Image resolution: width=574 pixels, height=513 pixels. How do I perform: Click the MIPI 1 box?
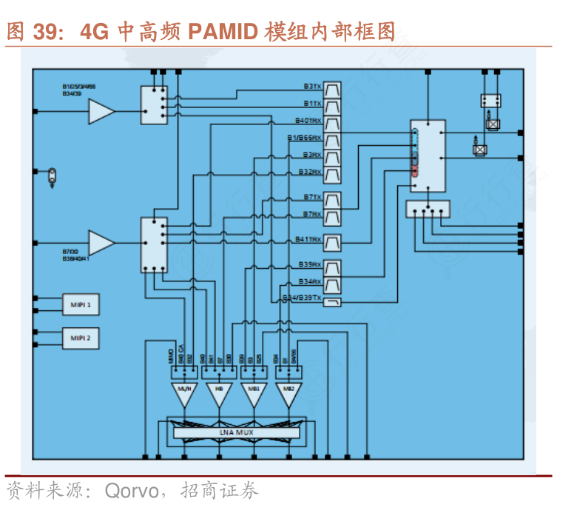(80, 304)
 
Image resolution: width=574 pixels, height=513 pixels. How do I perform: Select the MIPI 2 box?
(80, 338)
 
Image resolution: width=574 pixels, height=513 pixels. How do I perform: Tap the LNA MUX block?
(234, 430)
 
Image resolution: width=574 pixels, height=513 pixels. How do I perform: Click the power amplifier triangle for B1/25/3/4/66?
(101, 112)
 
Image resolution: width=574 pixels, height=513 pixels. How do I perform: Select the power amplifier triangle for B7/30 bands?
(101, 241)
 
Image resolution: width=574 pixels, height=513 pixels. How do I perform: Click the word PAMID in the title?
(223, 32)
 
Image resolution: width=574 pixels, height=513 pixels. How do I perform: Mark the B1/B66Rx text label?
(304, 138)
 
